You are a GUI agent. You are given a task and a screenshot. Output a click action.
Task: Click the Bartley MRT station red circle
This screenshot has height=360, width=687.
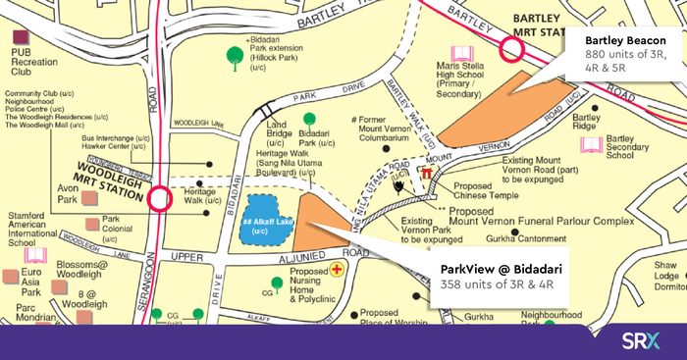click(x=510, y=49)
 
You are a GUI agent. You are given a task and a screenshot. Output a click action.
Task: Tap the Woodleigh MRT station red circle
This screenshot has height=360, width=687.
click(x=160, y=200)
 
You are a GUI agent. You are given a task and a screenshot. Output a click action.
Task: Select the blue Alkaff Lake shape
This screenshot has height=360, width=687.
click(x=262, y=220)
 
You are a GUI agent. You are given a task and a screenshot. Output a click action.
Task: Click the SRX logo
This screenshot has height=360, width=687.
click(x=643, y=341)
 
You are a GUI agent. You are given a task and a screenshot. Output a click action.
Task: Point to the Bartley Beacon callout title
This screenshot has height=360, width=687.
click(x=619, y=38)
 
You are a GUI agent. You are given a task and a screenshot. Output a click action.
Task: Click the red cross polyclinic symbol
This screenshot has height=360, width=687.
click(x=338, y=268)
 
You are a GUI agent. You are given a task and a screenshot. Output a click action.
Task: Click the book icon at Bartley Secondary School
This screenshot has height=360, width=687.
click(x=591, y=145)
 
